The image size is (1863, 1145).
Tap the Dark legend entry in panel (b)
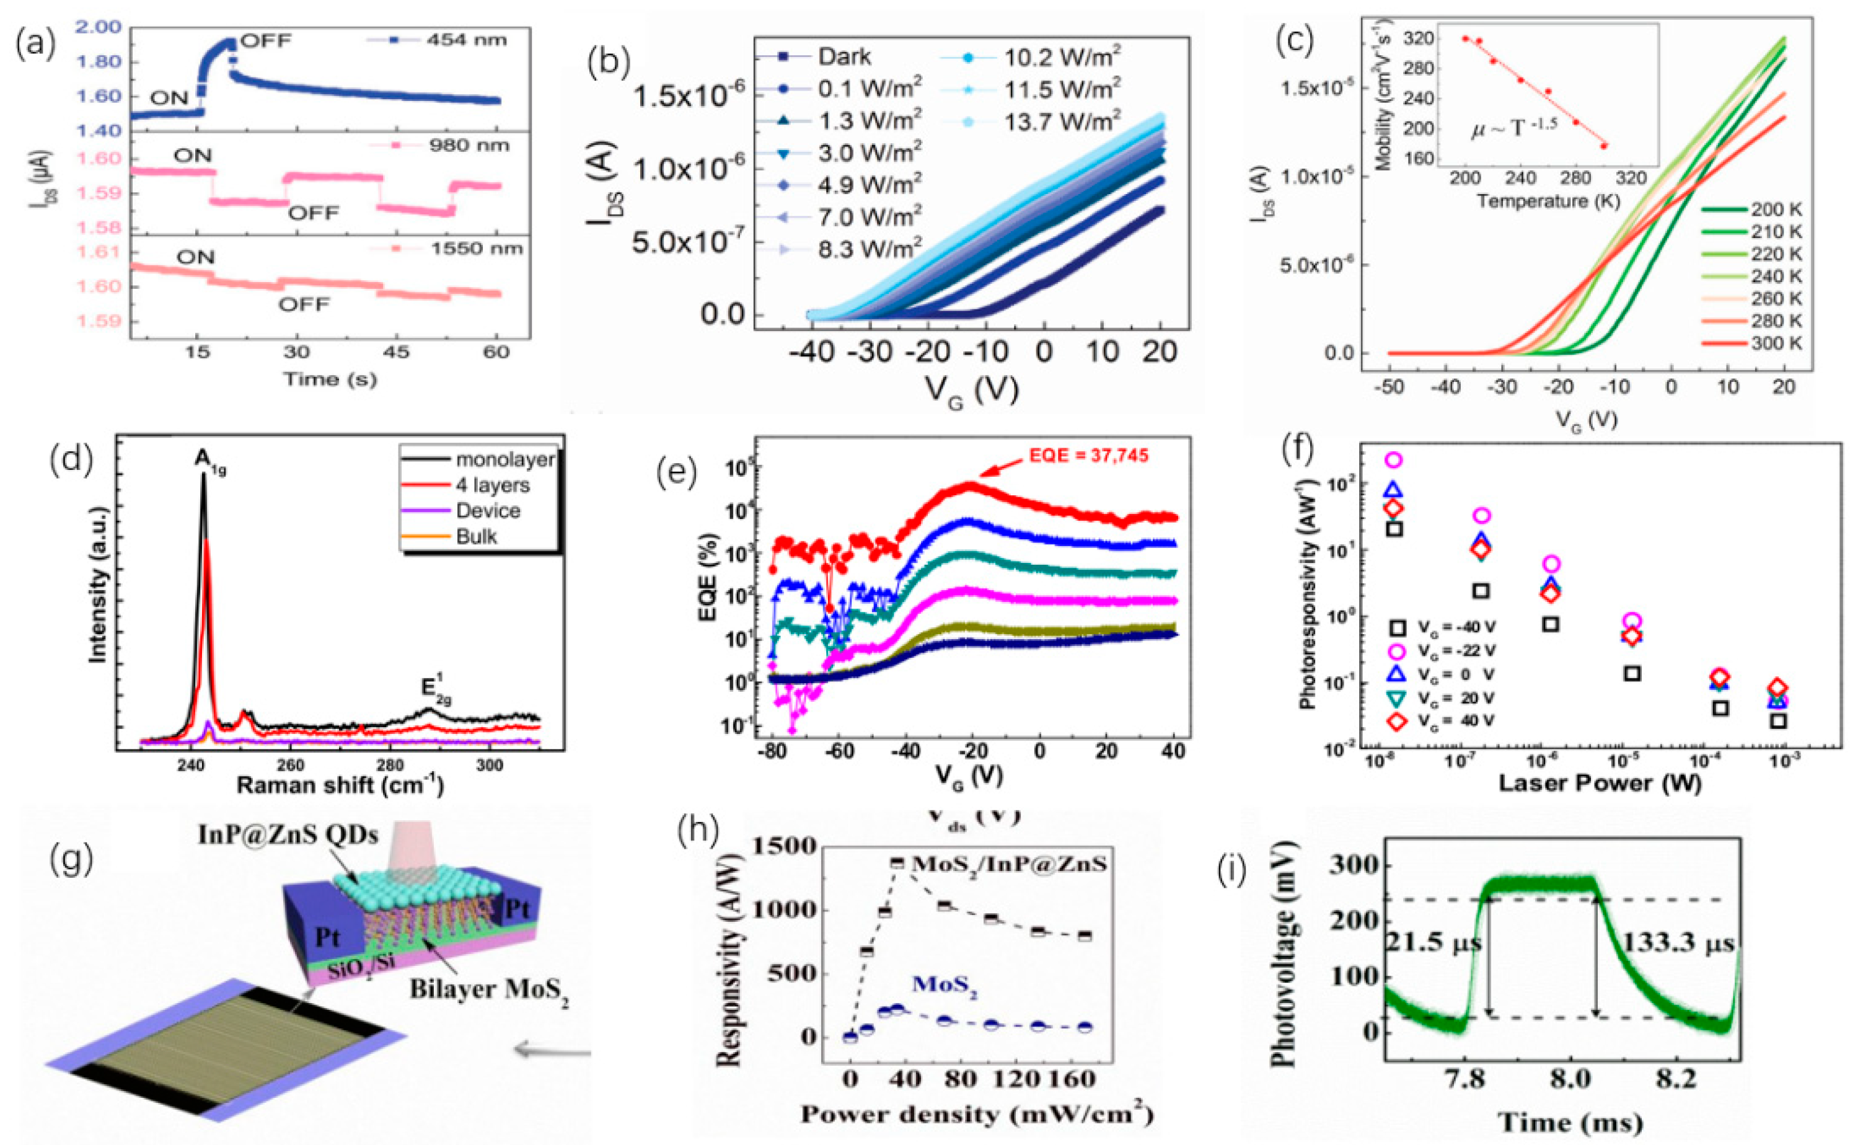click(x=844, y=57)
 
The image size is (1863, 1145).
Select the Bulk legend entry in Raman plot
click(x=476, y=537)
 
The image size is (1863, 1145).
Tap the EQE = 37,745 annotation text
click(x=1088, y=456)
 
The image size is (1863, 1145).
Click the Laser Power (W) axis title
click(x=1600, y=783)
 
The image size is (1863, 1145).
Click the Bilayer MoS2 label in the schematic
click(x=489, y=989)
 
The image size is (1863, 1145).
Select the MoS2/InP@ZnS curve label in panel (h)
click(x=1009, y=864)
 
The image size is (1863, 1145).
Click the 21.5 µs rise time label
click(x=1433, y=943)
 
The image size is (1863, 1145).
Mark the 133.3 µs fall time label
click(x=1678, y=944)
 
